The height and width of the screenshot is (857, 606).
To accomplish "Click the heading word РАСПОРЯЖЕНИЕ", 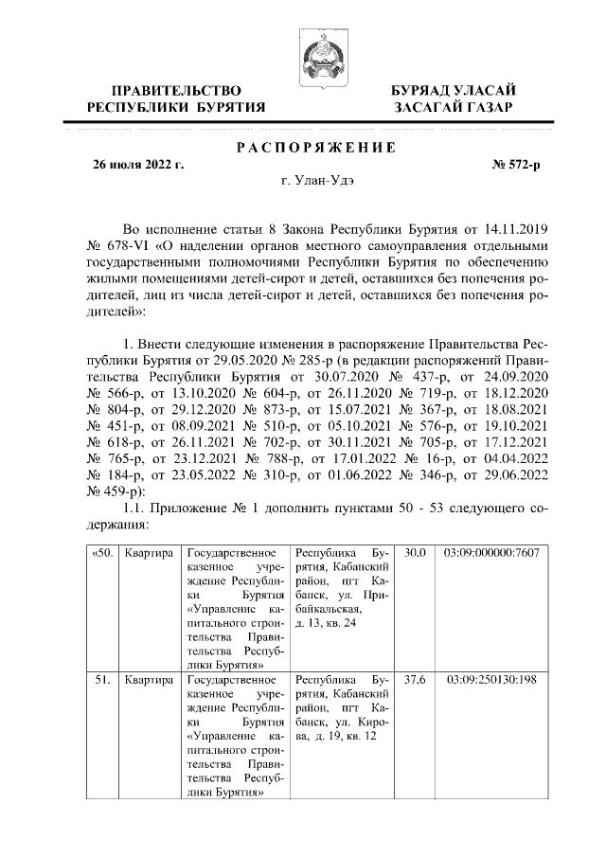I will click(x=313, y=147).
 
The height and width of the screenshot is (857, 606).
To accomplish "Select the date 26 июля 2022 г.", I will click(x=137, y=165).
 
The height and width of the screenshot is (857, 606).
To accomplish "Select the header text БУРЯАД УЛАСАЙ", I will click(x=454, y=90).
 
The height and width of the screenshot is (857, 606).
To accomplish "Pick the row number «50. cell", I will click(x=101, y=552).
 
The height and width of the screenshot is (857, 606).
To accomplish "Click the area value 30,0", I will click(x=415, y=552).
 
